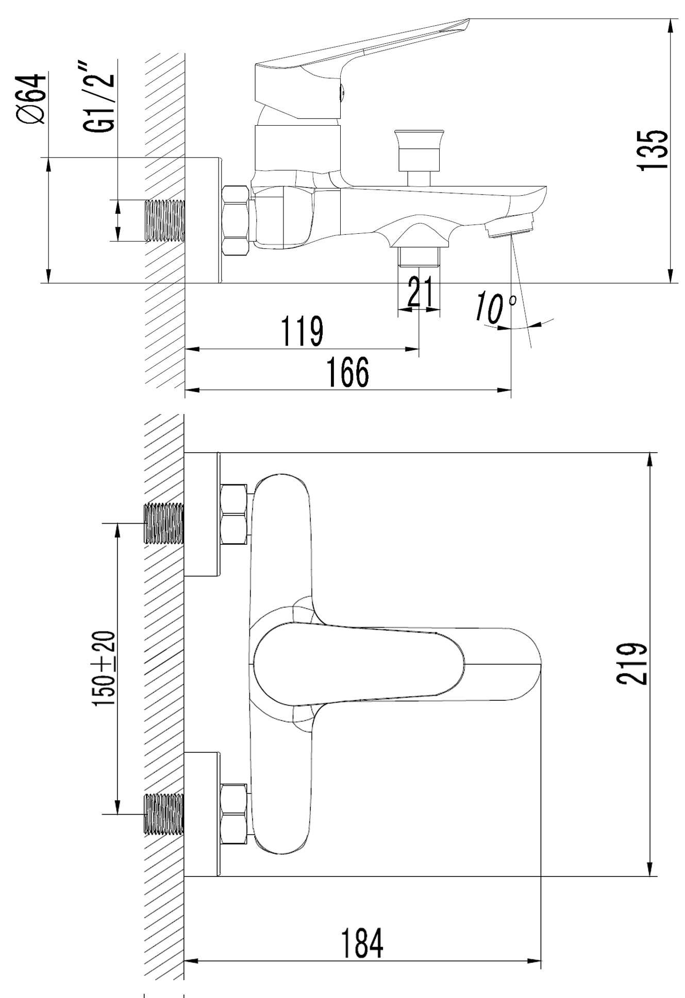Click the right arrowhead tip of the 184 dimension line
(x=541, y=960)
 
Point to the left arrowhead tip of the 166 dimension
(x=185, y=390)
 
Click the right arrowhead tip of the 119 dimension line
(x=419, y=349)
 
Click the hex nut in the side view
(x=236, y=219)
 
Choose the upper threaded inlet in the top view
(x=163, y=523)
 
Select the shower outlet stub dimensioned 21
(x=419, y=256)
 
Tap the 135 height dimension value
(x=653, y=150)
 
